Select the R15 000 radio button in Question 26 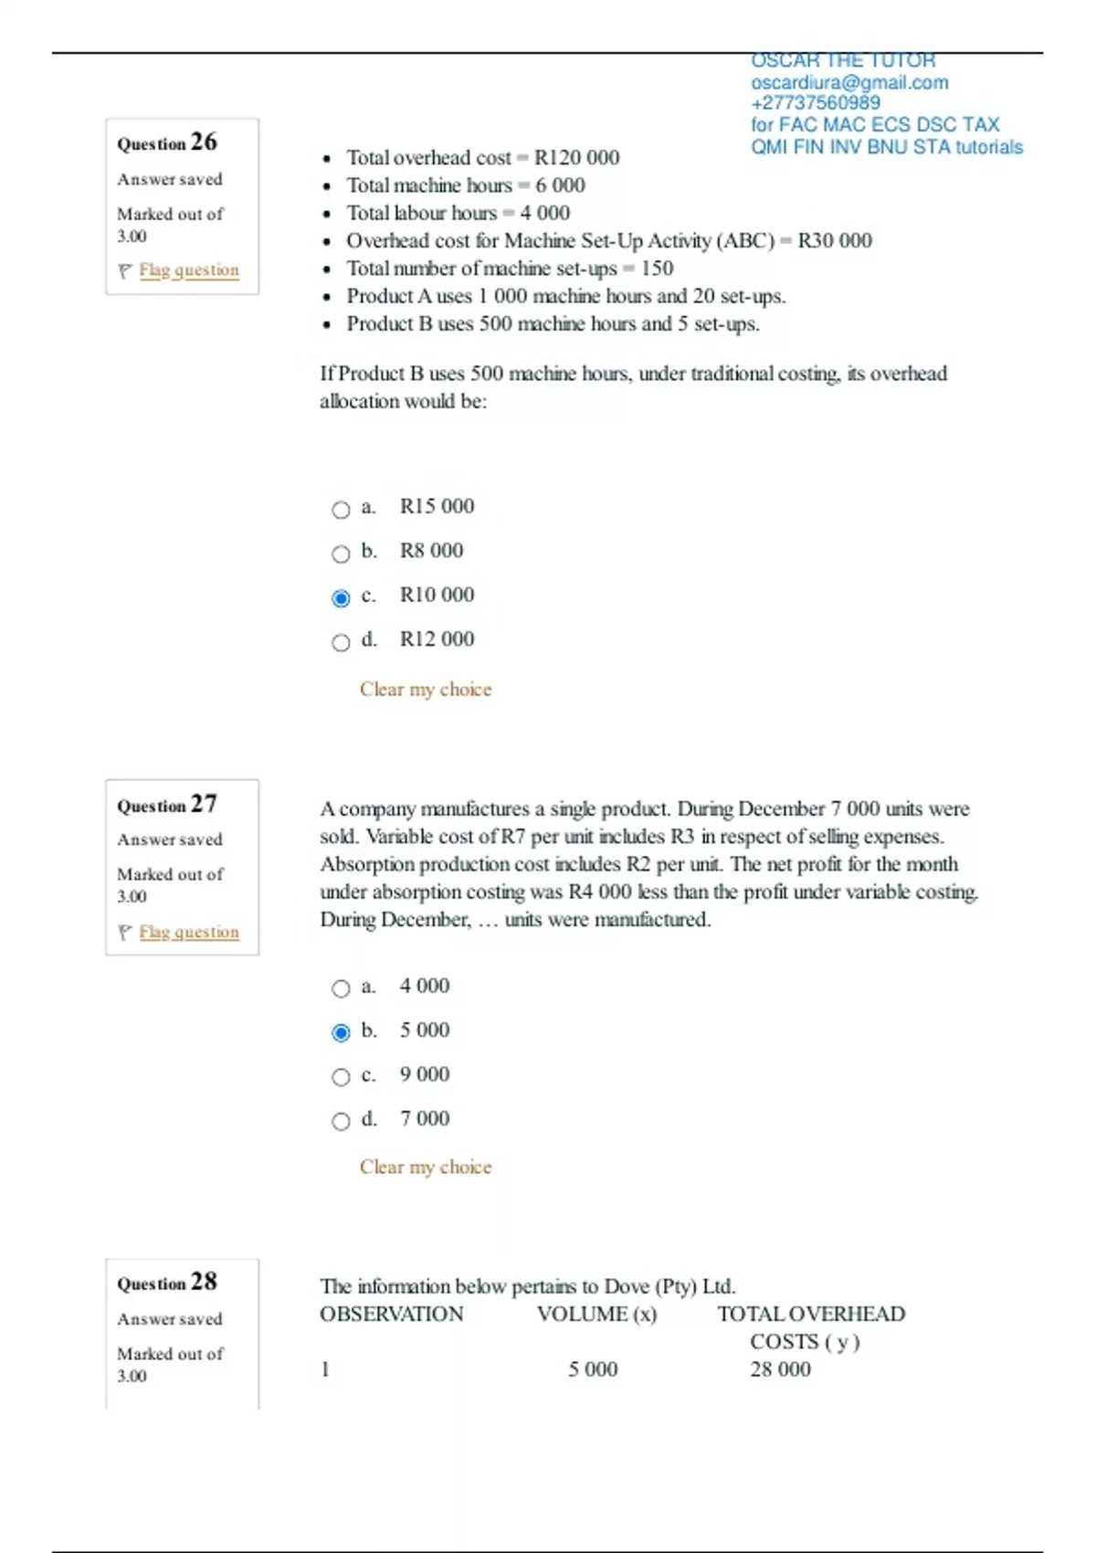pyautogui.click(x=341, y=510)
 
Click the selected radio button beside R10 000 pyautogui.click(x=341, y=598)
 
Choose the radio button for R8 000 pyautogui.click(x=341, y=555)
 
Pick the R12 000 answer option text pyautogui.click(x=437, y=639)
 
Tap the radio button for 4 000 pyautogui.click(x=341, y=988)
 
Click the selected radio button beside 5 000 pyautogui.click(x=341, y=1033)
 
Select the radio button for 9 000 pyautogui.click(x=341, y=1077)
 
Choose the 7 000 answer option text pyautogui.click(x=425, y=1118)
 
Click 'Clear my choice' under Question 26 pyautogui.click(x=426, y=690)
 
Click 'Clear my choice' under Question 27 pyautogui.click(x=426, y=1167)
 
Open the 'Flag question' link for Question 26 pyautogui.click(x=189, y=270)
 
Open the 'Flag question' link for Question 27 pyautogui.click(x=189, y=932)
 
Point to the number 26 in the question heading pyautogui.click(x=204, y=142)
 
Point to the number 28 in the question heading pyautogui.click(x=204, y=1282)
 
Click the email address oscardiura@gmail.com pyautogui.click(x=849, y=83)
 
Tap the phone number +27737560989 pyautogui.click(x=816, y=103)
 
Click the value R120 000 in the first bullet pyautogui.click(x=576, y=158)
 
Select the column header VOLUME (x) pyautogui.click(x=596, y=1315)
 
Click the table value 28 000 pyautogui.click(x=780, y=1369)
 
